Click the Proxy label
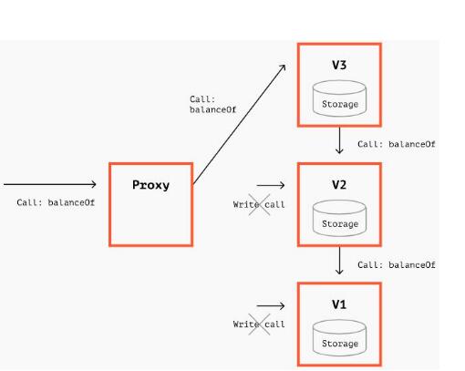tap(150, 185)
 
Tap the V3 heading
tap(339, 65)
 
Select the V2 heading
tap(339, 184)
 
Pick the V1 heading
tap(339, 304)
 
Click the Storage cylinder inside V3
tap(339, 98)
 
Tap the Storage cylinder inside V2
tap(339, 218)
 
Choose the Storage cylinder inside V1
tap(339, 338)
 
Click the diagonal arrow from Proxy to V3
tap(239, 124)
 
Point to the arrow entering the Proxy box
tap(50, 184)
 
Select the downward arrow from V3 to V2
tap(339, 140)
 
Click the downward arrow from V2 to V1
tap(339, 261)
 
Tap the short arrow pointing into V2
tap(271, 185)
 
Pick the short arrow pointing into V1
tap(271, 305)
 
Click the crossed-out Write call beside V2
tap(259, 204)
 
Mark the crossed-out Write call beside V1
tap(259, 325)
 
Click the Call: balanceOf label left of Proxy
tap(56, 202)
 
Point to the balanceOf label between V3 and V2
tap(397, 144)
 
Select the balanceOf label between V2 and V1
tap(397, 265)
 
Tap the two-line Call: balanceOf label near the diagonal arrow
tap(212, 105)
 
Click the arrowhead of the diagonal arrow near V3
tap(284, 67)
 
